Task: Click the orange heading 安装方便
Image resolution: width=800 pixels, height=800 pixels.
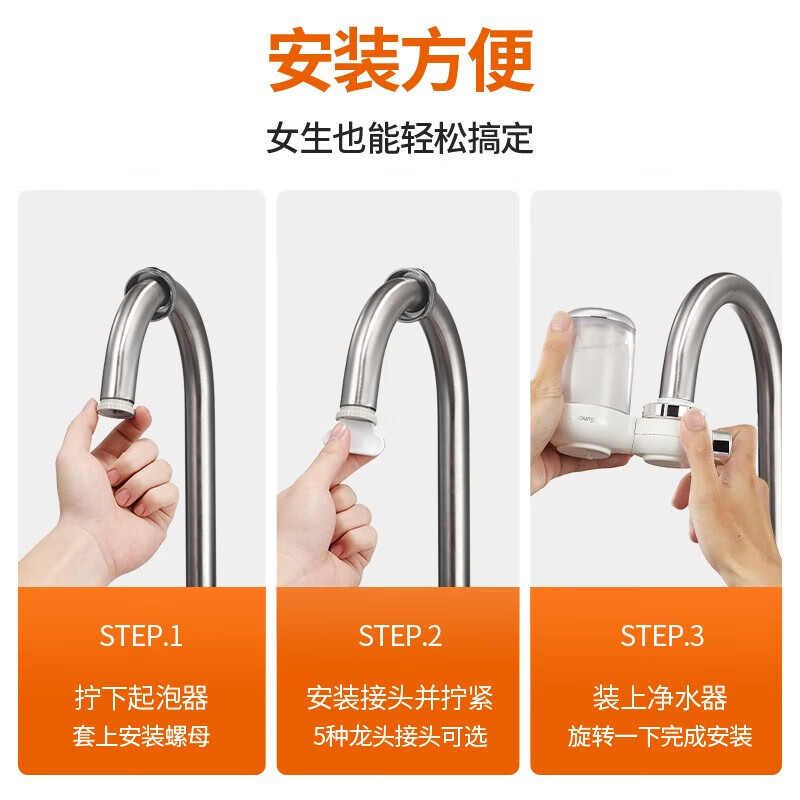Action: (400, 62)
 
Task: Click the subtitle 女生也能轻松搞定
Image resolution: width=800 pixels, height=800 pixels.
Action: (400, 138)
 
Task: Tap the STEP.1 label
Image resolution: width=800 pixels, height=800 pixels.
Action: (141, 636)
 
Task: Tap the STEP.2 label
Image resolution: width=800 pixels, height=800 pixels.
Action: (400, 636)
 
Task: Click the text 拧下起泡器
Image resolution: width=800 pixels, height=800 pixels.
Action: (141, 697)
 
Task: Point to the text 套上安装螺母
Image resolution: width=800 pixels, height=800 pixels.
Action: (141, 738)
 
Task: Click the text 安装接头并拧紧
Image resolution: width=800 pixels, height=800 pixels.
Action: (400, 697)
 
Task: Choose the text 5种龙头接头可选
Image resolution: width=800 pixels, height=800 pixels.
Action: (400, 738)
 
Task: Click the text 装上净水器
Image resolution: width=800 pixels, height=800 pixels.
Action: (659, 697)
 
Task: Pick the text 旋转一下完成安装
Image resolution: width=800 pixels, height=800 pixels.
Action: (659, 738)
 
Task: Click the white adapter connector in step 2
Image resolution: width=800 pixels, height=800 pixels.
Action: (355, 436)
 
